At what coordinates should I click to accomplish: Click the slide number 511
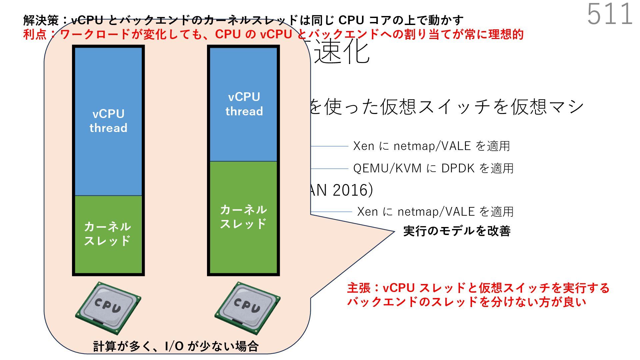tap(610, 14)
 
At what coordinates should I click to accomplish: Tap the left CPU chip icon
tap(108, 307)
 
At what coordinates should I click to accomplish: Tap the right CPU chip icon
tap(247, 307)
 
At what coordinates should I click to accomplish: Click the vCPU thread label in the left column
tap(108, 121)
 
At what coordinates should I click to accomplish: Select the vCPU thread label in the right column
tap(244, 104)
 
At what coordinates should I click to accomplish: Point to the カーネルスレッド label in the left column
tap(107, 234)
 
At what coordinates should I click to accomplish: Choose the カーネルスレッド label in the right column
tap(243, 217)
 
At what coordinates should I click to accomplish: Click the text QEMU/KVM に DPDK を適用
tap(433, 168)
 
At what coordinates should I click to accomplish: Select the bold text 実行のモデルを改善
tap(457, 231)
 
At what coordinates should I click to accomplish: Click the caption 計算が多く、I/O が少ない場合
tap(176, 346)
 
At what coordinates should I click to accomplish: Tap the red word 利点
tap(35, 34)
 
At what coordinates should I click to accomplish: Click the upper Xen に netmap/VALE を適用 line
tap(431, 146)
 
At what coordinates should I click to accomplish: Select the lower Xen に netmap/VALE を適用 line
tap(435, 212)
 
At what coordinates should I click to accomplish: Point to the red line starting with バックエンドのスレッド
tap(466, 302)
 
